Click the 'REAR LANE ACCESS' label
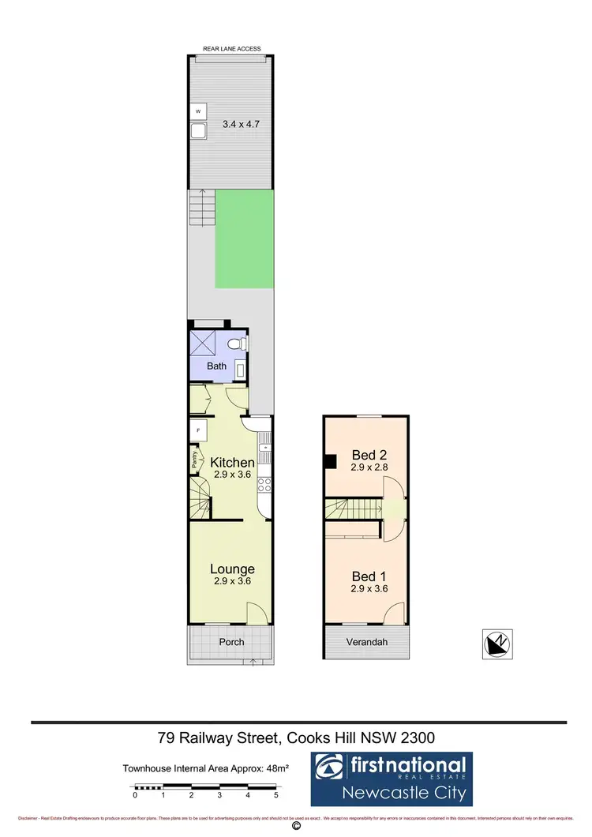pos(232,49)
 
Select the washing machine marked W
pos(198,112)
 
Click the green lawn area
pos(245,239)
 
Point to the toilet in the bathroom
pos(241,343)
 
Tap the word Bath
pos(217,366)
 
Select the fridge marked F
pos(197,430)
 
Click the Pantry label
pos(193,460)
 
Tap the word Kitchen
pos(232,462)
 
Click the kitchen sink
pos(267,449)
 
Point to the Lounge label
pos(232,569)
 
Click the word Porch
pos(231,642)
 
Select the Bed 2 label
pos(368,455)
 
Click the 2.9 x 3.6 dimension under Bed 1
pos(369,588)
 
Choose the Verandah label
pos(367,642)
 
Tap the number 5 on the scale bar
pos(276,795)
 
